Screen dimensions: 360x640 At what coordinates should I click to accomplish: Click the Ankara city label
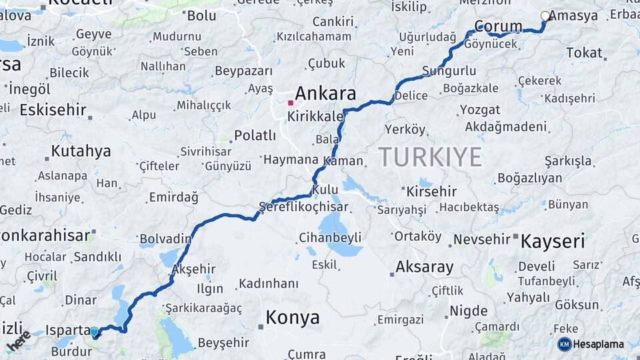pos(325,93)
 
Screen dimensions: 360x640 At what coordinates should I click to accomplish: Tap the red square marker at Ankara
pos(290,103)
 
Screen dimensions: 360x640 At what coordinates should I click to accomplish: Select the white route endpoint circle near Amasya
pos(545,16)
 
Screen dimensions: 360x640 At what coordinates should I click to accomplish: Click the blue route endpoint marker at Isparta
pos(95,331)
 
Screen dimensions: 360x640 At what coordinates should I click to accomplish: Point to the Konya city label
pos(292,318)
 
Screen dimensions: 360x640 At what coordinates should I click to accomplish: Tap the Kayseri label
pos(553,241)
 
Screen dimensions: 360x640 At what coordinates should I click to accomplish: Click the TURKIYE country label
pos(430,157)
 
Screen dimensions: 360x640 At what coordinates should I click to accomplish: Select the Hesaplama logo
pos(591,344)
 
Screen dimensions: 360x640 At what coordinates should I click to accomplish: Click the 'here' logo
pos(18,341)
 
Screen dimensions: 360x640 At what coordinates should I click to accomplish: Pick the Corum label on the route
pos(498,27)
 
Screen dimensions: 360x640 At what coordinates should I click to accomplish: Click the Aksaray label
pos(424,267)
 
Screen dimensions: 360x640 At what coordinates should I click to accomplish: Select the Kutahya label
pos(81,151)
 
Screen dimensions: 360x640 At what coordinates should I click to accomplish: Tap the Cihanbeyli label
pos(330,237)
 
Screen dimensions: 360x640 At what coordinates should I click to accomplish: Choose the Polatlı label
pos(255,136)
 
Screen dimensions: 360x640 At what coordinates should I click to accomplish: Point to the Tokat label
pos(584,53)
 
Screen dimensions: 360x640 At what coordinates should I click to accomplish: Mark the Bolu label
pos(202,15)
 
